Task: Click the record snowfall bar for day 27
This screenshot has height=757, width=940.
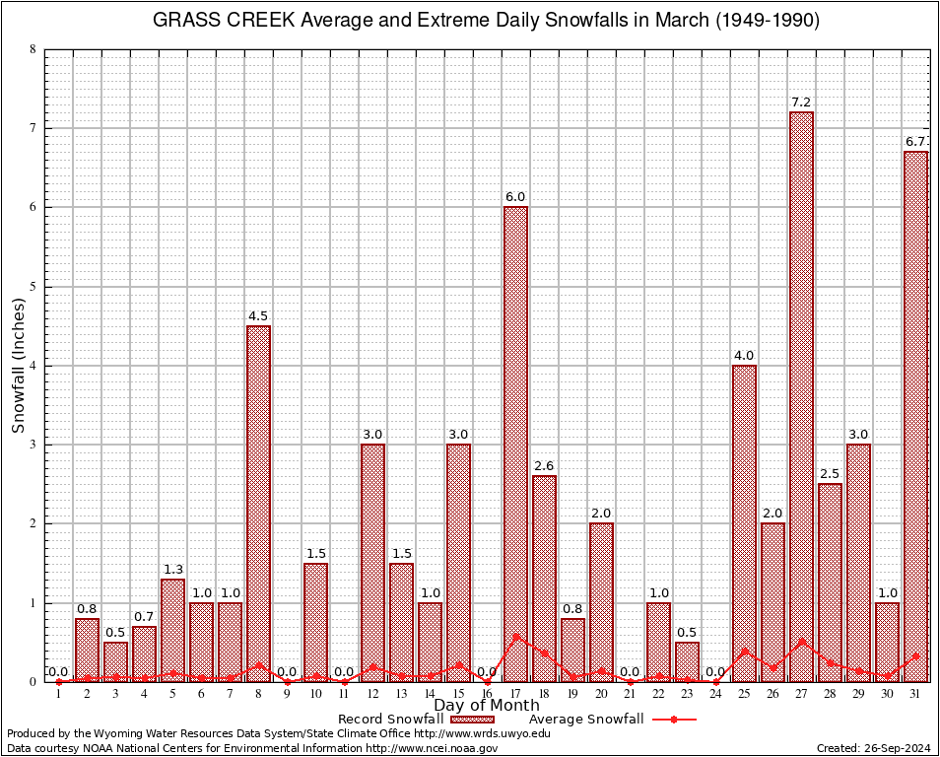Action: point(802,394)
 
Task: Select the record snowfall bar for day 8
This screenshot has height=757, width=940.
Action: point(258,503)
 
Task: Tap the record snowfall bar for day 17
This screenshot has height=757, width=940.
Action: point(515,444)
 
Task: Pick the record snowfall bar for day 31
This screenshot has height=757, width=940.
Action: point(916,414)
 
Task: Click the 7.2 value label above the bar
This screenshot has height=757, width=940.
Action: point(802,103)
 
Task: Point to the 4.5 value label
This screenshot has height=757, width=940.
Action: point(258,316)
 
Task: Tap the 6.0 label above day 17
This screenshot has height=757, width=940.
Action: point(515,197)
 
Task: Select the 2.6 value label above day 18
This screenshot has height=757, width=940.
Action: point(544,466)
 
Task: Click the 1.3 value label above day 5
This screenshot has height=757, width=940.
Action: point(172,569)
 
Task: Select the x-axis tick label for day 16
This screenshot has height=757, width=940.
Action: point(487,694)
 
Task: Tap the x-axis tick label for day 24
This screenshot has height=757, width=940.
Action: point(715,694)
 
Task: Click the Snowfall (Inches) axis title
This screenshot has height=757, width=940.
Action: point(18,366)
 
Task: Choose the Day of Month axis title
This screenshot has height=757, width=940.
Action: point(487,706)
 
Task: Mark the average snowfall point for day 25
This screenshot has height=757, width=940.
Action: point(744,651)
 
